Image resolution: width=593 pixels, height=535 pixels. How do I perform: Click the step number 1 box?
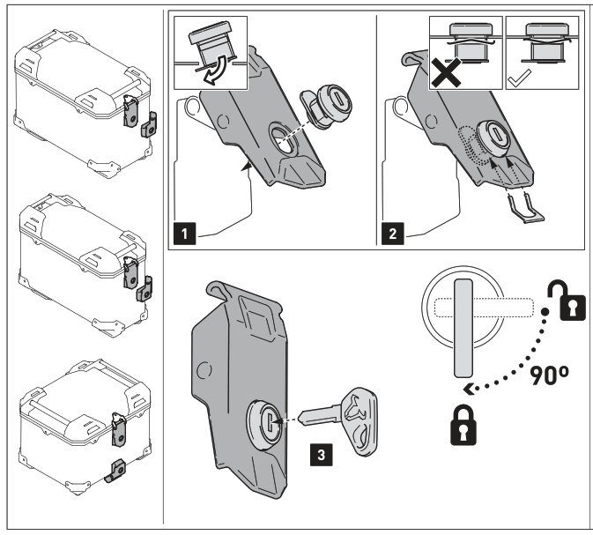pos(182,235)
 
